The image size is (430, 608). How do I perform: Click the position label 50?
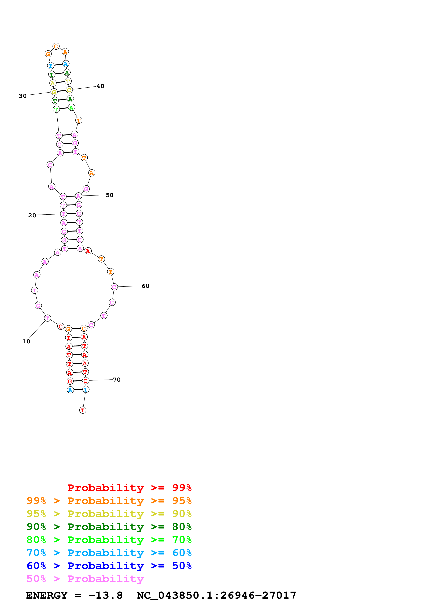click(x=110, y=195)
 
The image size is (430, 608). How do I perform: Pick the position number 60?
click(x=146, y=286)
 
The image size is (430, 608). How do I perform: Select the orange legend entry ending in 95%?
click(x=109, y=501)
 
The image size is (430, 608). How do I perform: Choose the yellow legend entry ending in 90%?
click(x=109, y=514)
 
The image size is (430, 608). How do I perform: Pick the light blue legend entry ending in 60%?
click(x=109, y=553)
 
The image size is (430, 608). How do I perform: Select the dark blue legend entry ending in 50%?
click(x=109, y=566)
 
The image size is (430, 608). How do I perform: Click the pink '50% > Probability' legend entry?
click(x=85, y=579)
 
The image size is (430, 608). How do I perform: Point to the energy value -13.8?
click(x=105, y=595)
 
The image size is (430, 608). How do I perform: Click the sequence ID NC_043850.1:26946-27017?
click(x=216, y=595)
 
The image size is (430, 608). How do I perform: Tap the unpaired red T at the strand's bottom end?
click(x=83, y=410)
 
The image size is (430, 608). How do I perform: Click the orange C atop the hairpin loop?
click(x=56, y=46)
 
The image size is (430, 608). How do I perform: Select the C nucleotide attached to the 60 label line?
click(x=114, y=287)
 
